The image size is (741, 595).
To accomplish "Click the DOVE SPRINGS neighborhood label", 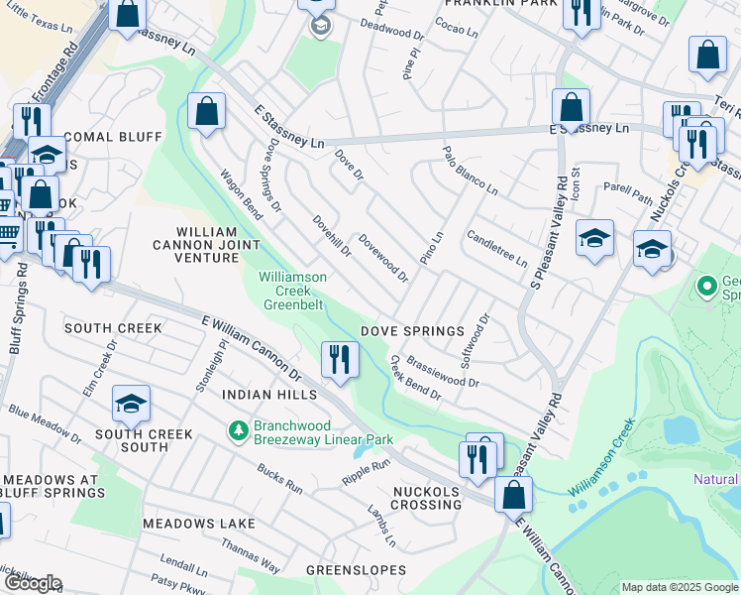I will [x=412, y=330].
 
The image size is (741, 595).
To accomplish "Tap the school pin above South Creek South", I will [x=130, y=403].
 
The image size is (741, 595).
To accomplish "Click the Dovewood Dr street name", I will [x=383, y=258].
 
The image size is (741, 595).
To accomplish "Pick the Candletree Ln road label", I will [x=496, y=250].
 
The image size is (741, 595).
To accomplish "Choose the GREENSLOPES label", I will [x=356, y=570].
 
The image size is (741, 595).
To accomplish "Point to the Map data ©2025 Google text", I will [x=679, y=587].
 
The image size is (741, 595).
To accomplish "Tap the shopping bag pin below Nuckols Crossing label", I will [x=513, y=495].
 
